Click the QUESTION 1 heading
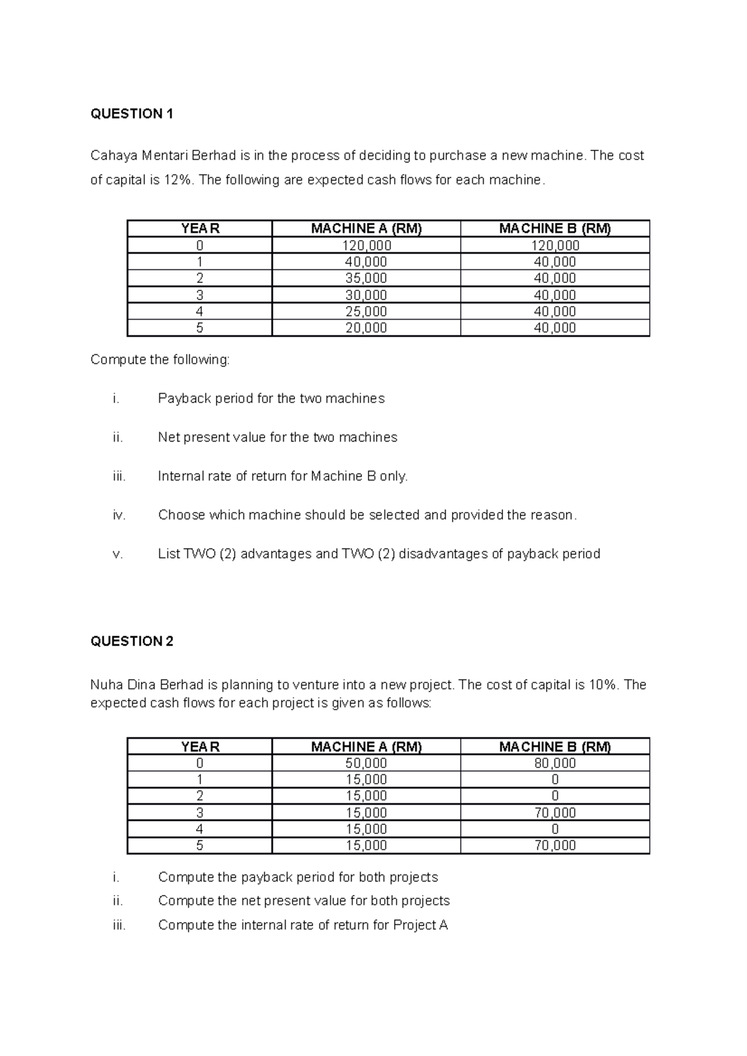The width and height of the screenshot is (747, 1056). [131, 114]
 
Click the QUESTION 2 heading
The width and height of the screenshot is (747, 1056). [131, 641]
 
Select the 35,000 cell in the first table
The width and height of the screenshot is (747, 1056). [366, 278]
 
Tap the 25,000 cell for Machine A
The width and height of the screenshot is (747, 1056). [366, 311]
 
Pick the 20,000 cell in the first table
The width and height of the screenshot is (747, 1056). [366, 328]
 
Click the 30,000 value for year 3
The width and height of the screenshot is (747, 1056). [366, 295]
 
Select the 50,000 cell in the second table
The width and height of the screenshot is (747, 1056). [366, 763]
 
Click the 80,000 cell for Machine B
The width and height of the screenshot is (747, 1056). [555, 763]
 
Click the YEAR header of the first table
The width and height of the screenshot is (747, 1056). [200, 228]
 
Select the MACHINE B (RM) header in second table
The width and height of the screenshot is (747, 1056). [555, 746]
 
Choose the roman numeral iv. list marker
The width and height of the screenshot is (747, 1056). [119, 515]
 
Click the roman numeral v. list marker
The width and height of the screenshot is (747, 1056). [118, 553]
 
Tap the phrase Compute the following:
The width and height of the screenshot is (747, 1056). [160, 359]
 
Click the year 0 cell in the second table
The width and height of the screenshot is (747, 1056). [199, 763]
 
